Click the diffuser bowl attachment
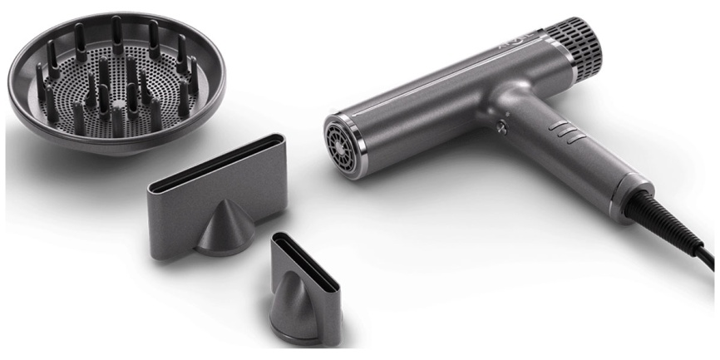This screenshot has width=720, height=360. pos(108,83)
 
